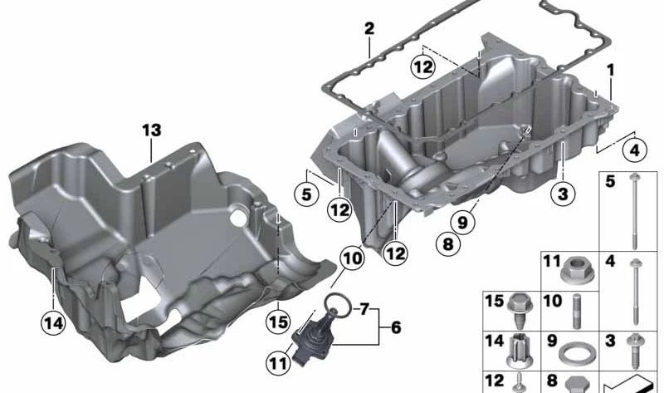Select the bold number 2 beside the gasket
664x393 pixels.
(369, 30)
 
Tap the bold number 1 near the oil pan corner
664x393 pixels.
(611, 71)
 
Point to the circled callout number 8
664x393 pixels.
(447, 245)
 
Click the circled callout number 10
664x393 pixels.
(352, 258)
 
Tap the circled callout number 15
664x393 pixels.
(277, 318)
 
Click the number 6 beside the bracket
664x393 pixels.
(395, 328)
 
